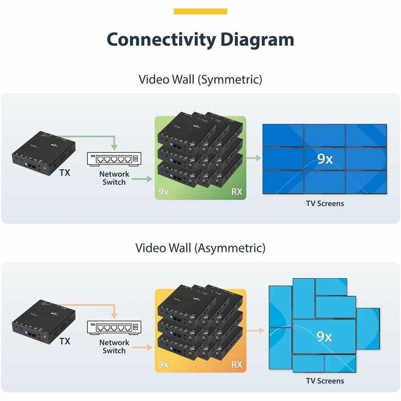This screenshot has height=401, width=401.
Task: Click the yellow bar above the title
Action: click(x=200, y=11)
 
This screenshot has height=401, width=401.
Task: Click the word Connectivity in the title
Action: click(x=161, y=39)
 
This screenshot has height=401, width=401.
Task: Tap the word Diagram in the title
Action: click(x=257, y=39)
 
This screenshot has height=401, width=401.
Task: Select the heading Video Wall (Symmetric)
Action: click(x=200, y=79)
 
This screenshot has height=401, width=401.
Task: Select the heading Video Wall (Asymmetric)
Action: click(x=200, y=248)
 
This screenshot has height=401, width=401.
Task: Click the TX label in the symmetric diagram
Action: click(x=65, y=173)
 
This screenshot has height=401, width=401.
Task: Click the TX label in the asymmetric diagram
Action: click(x=65, y=341)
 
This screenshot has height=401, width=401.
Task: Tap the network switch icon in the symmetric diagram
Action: click(x=114, y=158)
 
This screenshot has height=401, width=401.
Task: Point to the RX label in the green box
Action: click(x=237, y=192)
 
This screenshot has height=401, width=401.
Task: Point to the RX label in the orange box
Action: click(x=237, y=364)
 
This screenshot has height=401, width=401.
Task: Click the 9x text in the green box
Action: click(x=164, y=192)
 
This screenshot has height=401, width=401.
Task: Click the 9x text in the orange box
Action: click(x=164, y=364)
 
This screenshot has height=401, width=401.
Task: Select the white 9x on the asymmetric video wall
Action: click(x=324, y=336)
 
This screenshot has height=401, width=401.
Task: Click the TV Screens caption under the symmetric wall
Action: click(x=325, y=204)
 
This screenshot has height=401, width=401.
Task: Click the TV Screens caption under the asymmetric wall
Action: click(x=325, y=381)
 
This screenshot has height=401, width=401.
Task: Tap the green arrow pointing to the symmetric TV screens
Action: click(x=254, y=158)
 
